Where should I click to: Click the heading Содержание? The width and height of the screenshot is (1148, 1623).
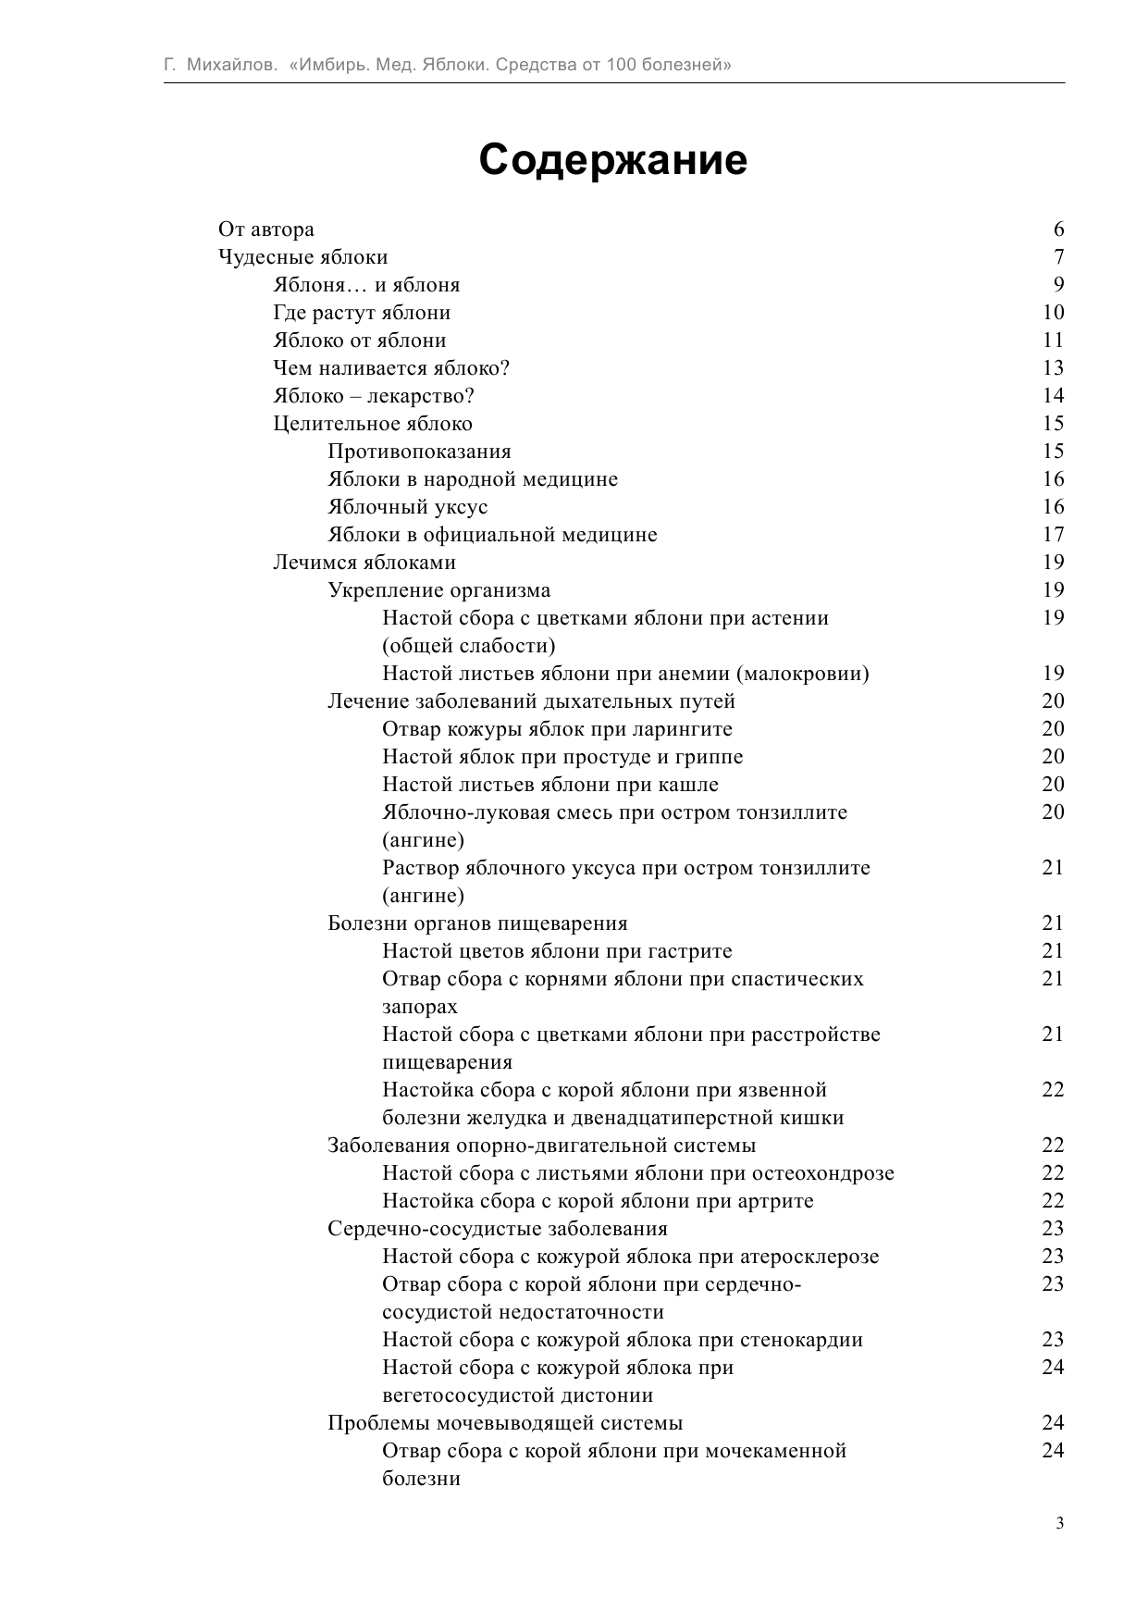pyautogui.click(x=612, y=160)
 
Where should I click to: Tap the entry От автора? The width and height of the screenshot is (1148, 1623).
pyautogui.click(x=266, y=229)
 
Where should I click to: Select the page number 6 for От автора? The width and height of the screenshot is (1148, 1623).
pyautogui.click(x=1058, y=229)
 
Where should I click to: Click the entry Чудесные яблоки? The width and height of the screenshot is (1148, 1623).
pyautogui.click(x=302, y=257)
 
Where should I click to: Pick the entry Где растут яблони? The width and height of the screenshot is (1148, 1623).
pyautogui.click(x=362, y=313)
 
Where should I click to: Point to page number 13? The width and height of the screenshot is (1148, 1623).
pyautogui.click(x=1053, y=368)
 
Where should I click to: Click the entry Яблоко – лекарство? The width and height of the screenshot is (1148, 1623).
pyautogui.click(x=374, y=396)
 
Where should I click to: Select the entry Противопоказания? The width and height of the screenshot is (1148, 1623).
pyautogui.click(x=419, y=452)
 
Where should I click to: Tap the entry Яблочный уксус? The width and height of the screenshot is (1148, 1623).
pyautogui.click(x=408, y=507)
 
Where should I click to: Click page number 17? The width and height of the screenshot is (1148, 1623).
pyautogui.click(x=1053, y=535)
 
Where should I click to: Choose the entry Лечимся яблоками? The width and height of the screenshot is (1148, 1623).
pyautogui.click(x=364, y=563)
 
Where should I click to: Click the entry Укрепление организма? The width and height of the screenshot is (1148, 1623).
pyautogui.click(x=439, y=590)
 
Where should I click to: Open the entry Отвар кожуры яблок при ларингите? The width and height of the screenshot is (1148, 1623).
pyautogui.click(x=557, y=729)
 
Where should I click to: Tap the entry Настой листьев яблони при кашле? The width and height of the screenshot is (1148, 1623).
pyautogui.click(x=550, y=785)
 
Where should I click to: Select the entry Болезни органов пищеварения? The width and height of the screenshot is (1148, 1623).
pyautogui.click(x=477, y=923)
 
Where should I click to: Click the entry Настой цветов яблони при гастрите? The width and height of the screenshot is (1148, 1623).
pyautogui.click(x=557, y=951)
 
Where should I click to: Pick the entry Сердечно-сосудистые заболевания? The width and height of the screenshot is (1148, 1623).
pyautogui.click(x=498, y=1229)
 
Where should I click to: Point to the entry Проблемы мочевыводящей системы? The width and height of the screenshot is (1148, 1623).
pyautogui.click(x=505, y=1423)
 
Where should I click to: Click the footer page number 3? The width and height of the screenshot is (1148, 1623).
pyautogui.click(x=1059, y=1524)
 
